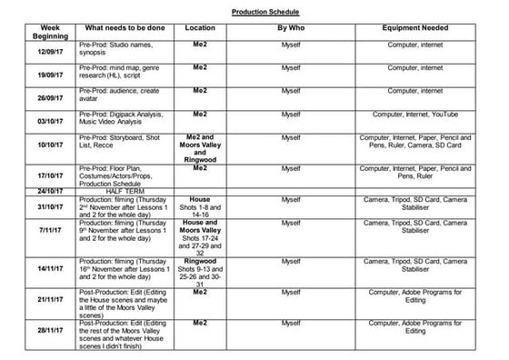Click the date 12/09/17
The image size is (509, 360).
pyautogui.click(x=43, y=51)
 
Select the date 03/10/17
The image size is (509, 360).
pyautogui.click(x=43, y=120)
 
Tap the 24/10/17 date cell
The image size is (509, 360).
pyautogui.click(x=43, y=191)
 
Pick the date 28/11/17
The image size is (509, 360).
pyautogui.click(x=43, y=331)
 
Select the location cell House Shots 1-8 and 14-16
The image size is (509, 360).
pyautogui.click(x=200, y=206)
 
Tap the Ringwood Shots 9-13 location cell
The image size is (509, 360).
pyautogui.click(x=200, y=268)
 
